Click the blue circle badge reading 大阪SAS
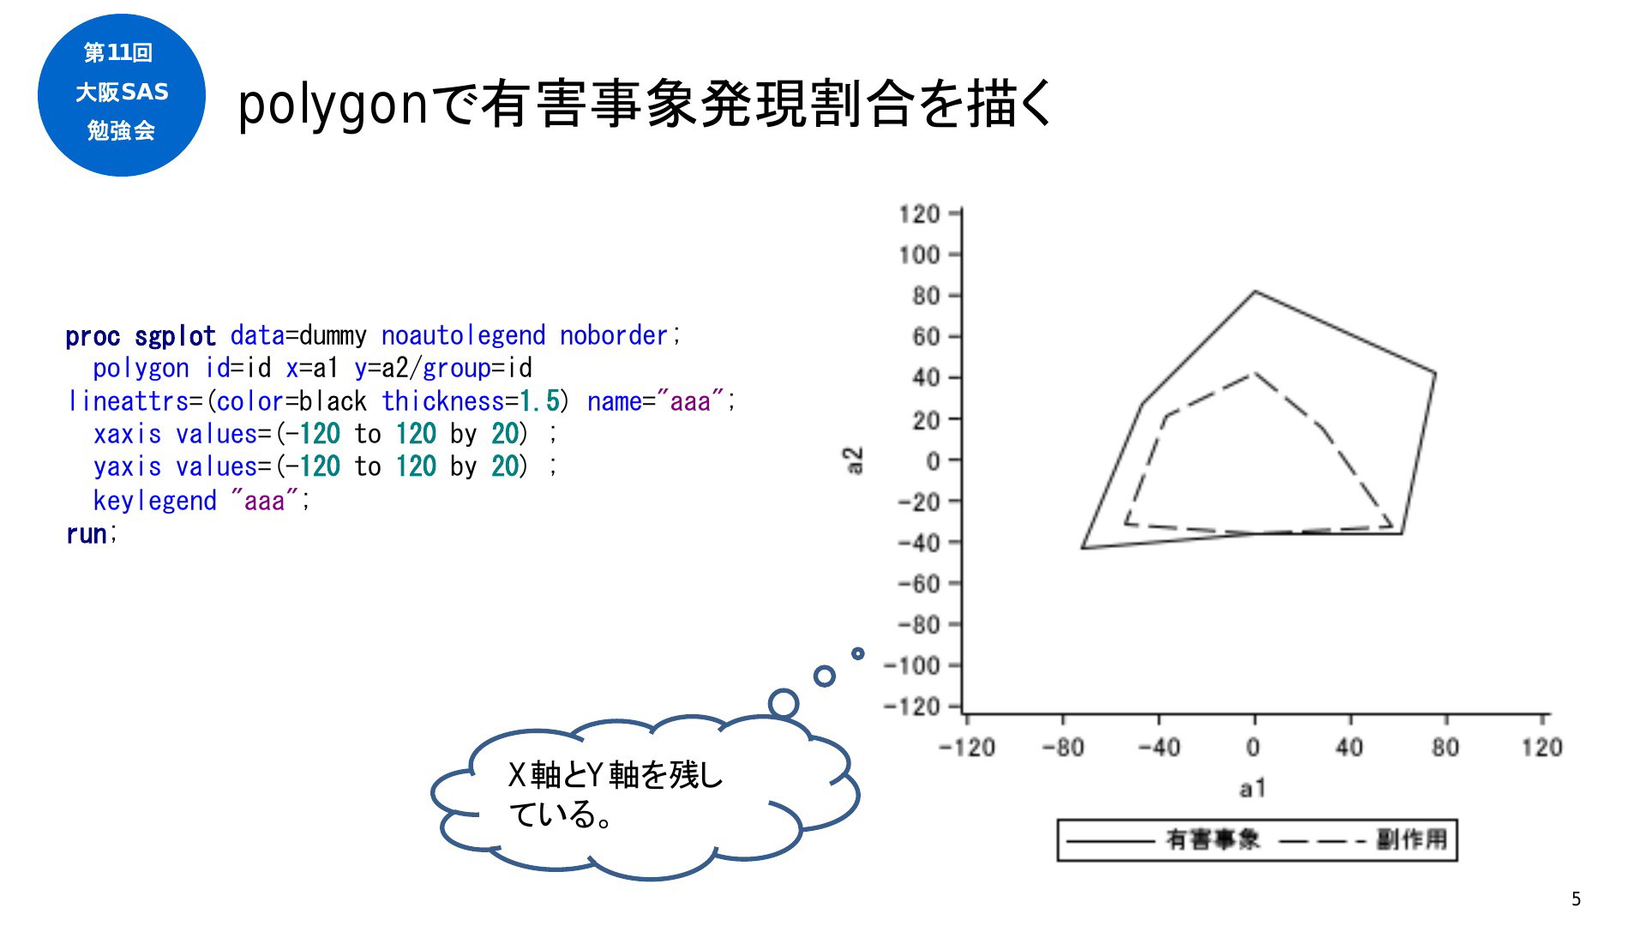(122, 94)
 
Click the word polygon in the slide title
(333, 106)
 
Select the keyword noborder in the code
(614, 335)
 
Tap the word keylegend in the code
(154, 501)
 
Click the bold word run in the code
(87, 533)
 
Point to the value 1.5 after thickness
(539, 401)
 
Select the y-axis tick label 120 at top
(919, 213)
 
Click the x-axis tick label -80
(1063, 748)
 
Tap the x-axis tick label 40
(1349, 748)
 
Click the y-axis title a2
(854, 460)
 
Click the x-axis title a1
(1253, 789)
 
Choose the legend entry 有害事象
(1213, 839)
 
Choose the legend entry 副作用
(1412, 839)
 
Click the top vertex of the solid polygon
(1255, 292)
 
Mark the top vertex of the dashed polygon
(1253, 373)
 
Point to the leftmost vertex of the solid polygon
(1083, 548)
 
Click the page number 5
(1576, 899)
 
